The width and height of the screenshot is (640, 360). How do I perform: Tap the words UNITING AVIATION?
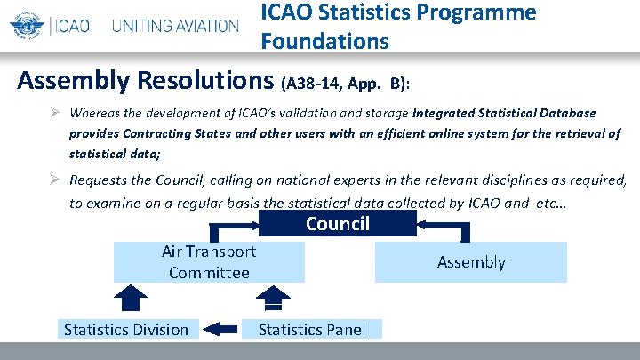point(175,25)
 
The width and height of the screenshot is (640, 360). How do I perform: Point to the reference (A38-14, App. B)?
point(346,84)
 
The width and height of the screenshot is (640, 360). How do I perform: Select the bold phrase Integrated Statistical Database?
point(504,114)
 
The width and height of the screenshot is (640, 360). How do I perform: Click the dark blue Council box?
point(337,223)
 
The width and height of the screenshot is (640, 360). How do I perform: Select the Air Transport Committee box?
point(209,262)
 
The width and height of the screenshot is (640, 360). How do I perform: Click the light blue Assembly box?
point(470,262)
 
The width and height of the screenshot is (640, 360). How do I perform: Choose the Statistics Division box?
point(126,329)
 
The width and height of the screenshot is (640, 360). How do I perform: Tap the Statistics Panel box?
point(311,329)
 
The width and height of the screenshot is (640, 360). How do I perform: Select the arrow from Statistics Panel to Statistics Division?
point(221,329)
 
